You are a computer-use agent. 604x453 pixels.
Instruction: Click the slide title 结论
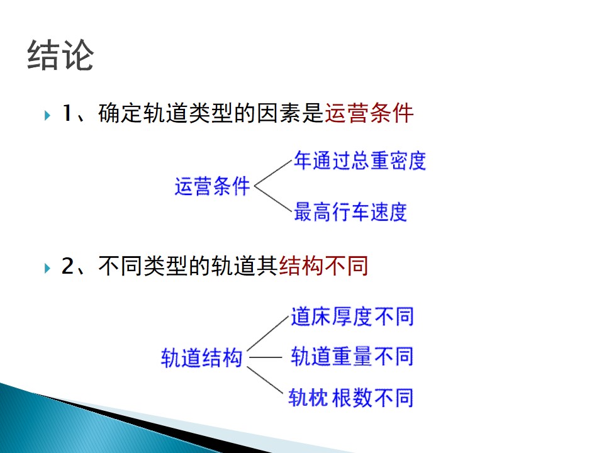60,55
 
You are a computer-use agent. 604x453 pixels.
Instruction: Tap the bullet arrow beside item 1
47,115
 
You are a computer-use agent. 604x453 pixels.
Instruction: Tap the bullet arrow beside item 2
47,268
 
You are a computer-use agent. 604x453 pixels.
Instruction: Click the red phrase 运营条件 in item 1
369,113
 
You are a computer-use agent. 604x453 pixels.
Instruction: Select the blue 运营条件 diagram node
212,186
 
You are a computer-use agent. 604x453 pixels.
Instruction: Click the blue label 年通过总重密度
360,160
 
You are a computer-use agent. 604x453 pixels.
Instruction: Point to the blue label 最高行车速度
350,212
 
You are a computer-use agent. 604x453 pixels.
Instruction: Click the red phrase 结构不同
323,266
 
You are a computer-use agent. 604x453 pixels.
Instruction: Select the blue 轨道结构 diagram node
201,358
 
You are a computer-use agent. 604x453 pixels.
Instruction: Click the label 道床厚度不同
352,316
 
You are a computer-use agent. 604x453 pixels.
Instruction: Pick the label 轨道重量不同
352,356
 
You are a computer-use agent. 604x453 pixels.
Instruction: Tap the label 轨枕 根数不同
351,398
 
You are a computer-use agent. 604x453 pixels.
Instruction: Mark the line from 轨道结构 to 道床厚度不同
268,333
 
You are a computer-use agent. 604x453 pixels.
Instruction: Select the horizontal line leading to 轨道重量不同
266,357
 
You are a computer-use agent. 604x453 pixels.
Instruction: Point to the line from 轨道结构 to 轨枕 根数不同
265,380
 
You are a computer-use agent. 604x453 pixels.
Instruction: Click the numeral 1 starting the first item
67,113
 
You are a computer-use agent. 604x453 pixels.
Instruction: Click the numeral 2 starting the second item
68,266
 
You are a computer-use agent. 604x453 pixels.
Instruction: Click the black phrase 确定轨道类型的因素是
211,113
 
